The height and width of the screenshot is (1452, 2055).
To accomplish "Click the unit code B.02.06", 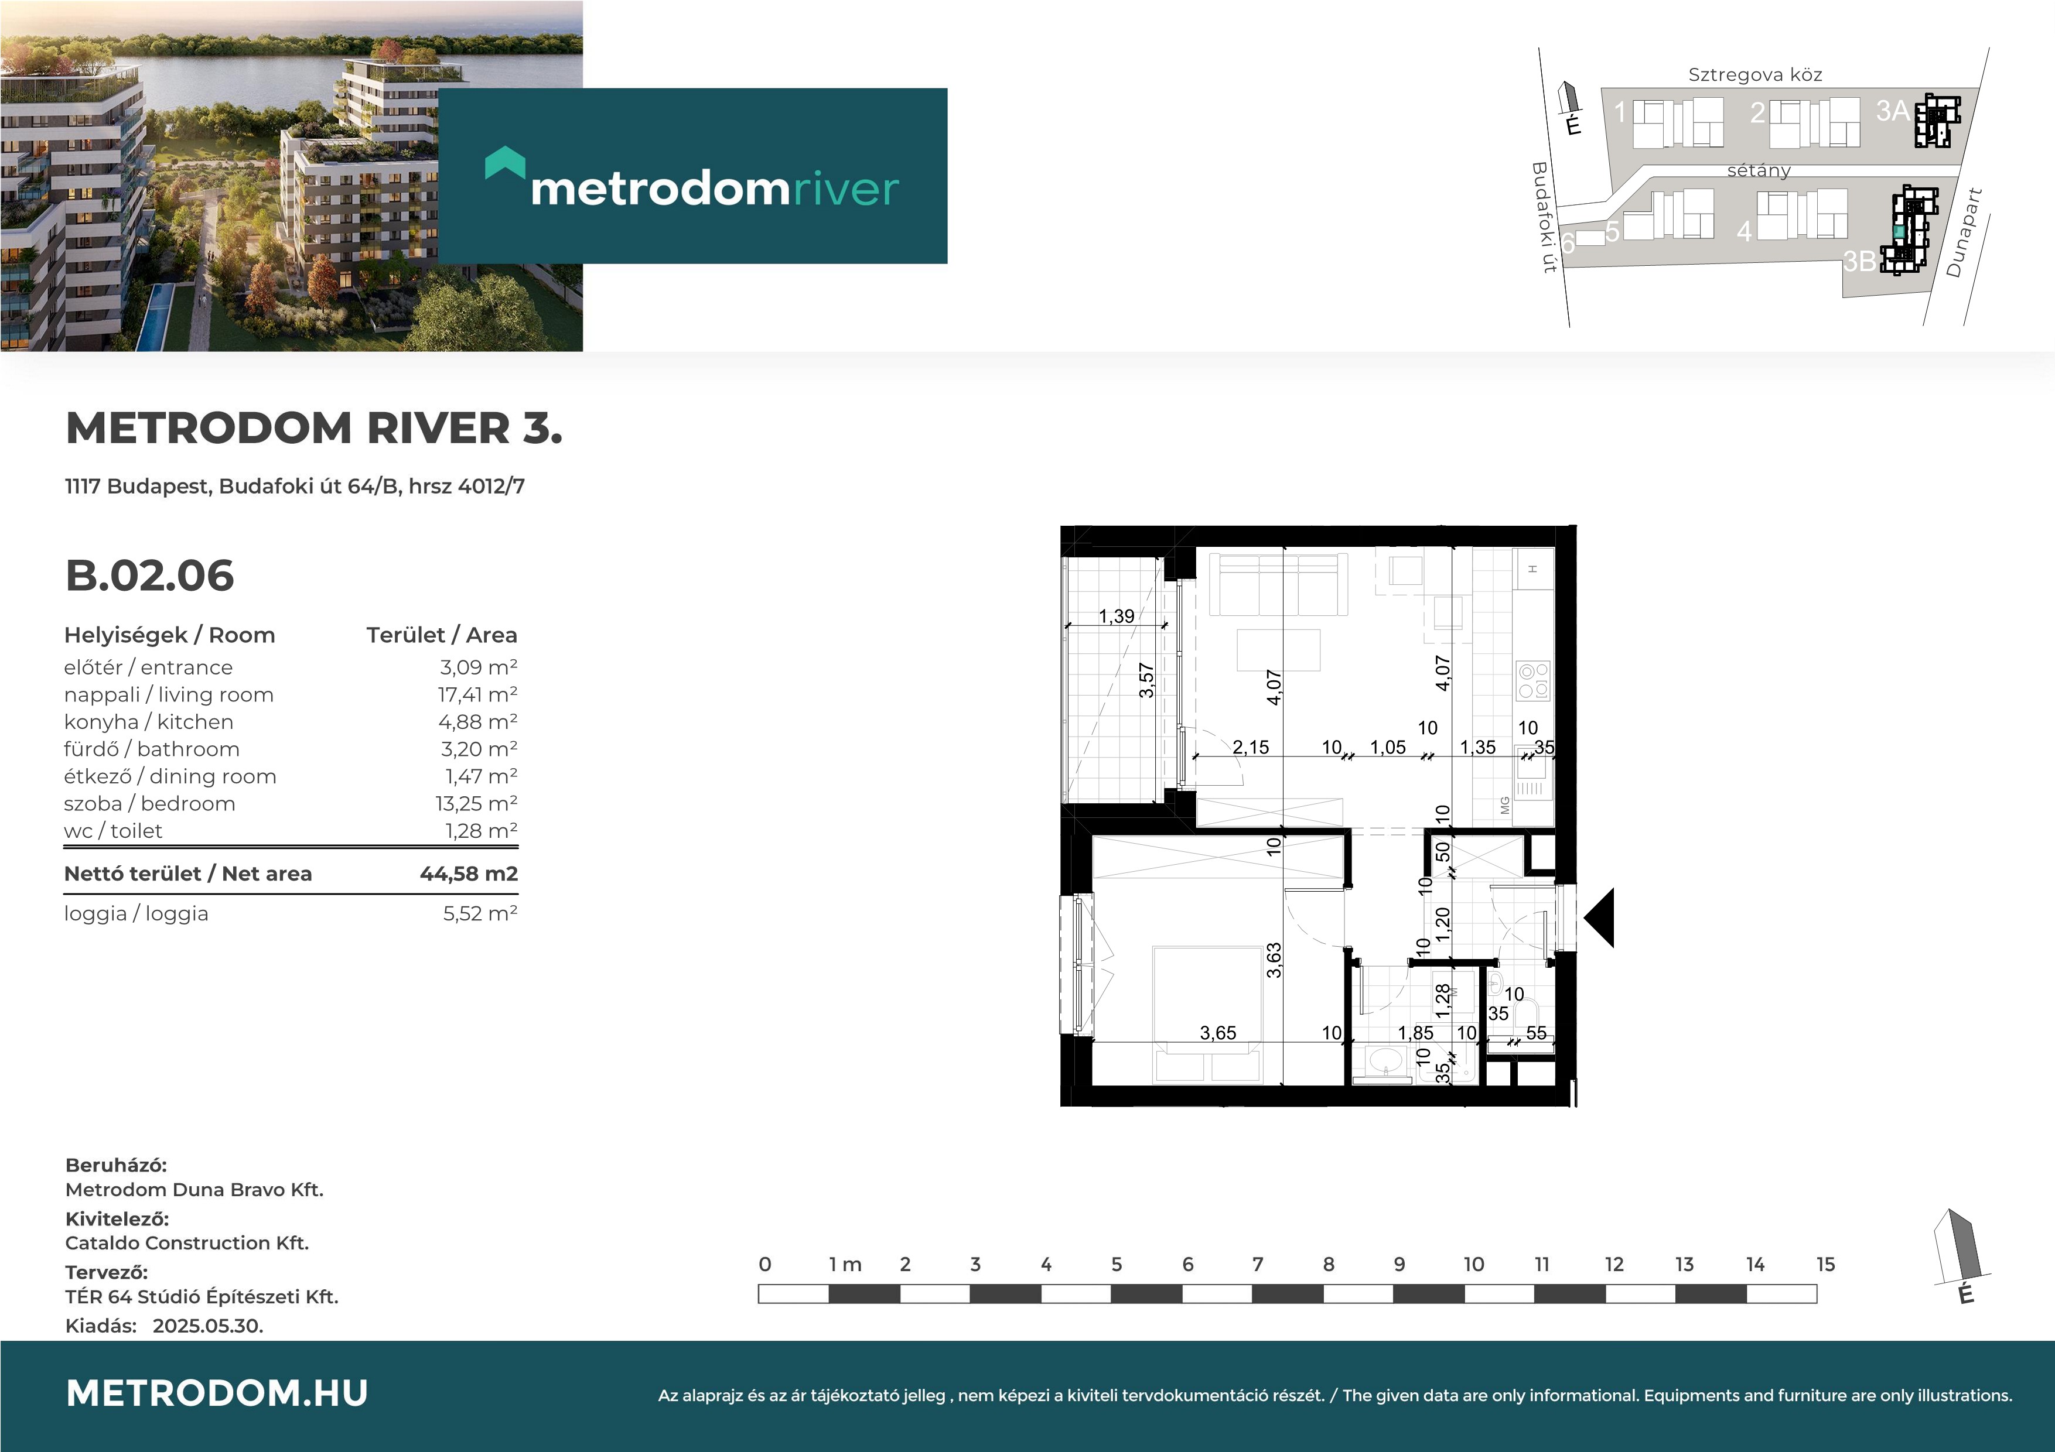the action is click(x=149, y=576).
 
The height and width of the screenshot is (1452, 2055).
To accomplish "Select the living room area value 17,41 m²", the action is click(x=477, y=695).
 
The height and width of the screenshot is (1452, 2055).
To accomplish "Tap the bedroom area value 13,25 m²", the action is click(x=476, y=803).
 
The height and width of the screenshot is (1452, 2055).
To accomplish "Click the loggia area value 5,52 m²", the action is click(x=480, y=913).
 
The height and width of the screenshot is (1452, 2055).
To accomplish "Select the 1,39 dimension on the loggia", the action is click(x=1116, y=617).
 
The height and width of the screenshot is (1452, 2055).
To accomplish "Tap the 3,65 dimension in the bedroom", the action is click(x=1217, y=1033).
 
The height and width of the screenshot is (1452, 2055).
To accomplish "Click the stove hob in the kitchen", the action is click(x=1532, y=682).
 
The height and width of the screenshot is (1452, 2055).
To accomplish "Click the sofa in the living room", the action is click(x=1278, y=584).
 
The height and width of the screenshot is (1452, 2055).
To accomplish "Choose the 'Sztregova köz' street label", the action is click(x=1755, y=75).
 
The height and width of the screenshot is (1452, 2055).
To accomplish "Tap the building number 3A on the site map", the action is click(x=1892, y=111).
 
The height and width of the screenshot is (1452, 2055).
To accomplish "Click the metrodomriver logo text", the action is click(x=714, y=189).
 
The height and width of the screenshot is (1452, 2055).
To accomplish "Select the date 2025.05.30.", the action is click(x=207, y=1326).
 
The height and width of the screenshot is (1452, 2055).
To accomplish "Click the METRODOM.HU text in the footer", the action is click(x=217, y=1393).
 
